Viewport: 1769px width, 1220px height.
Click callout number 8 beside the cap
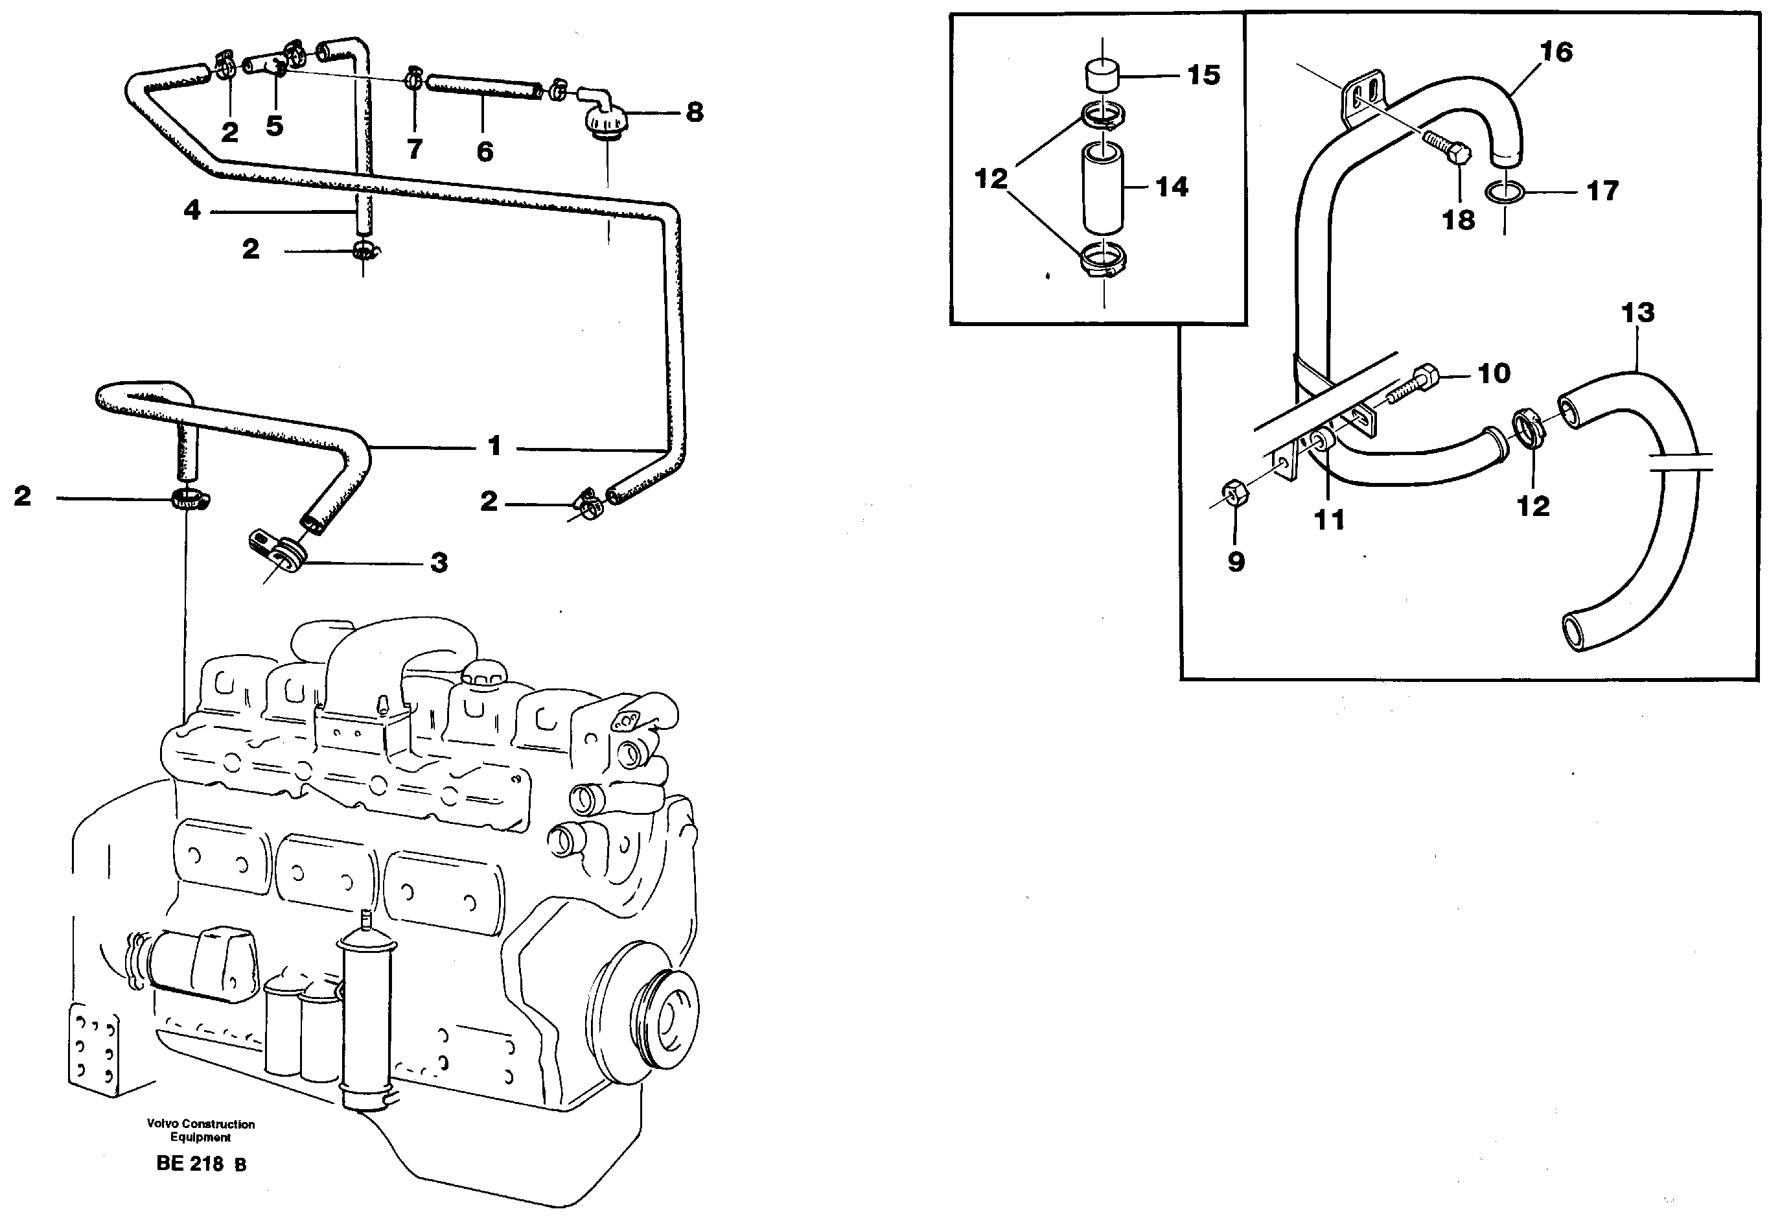694,112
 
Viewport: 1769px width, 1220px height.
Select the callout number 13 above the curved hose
1637,312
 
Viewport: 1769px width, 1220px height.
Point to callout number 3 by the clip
439,563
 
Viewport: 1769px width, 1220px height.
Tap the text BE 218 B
201,1164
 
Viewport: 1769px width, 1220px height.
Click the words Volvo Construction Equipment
201,1130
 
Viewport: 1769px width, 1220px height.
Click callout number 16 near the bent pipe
1556,52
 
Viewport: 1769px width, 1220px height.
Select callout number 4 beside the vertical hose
192,209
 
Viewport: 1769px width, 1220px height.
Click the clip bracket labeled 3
276,551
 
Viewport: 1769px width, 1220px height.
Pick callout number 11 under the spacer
1328,520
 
